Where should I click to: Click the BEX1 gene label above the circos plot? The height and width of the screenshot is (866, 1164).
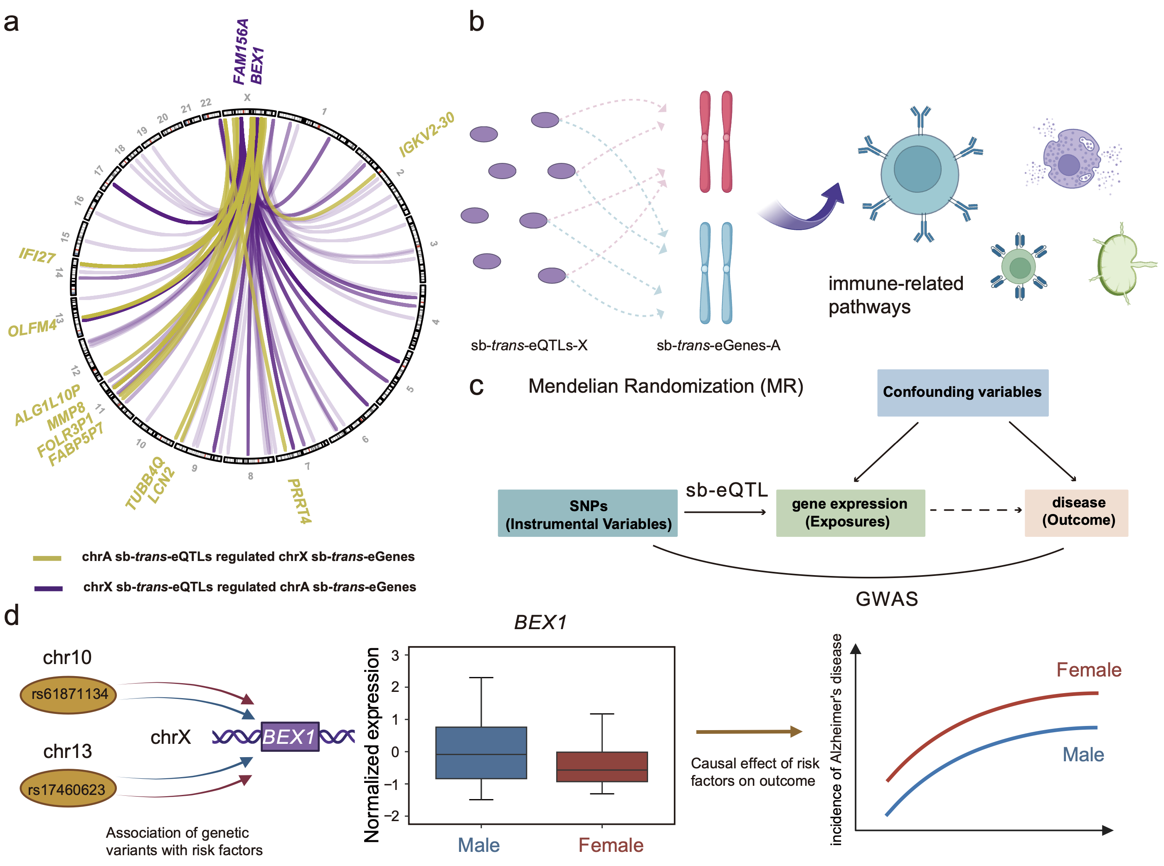pyautogui.click(x=257, y=66)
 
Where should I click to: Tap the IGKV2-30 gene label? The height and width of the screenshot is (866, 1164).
pyautogui.click(x=426, y=134)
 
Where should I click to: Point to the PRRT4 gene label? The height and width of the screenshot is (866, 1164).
pyautogui.click(x=299, y=501)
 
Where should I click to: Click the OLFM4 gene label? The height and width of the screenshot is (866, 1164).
pyautogui.click(x=32, y=329)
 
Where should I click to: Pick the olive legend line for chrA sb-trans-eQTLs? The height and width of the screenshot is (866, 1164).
pyautogui.click(x=47, y=558)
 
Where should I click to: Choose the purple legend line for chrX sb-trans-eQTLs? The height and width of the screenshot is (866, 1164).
pyautogui.click(x=48, y=588)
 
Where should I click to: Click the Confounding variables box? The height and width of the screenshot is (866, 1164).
pyautogui.click(x=962, y=392)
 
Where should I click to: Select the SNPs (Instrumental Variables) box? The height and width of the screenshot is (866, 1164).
pyautogui.click(x=587, y=514)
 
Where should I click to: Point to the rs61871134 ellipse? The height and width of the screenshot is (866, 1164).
pyautogui.click(x=68, y=694)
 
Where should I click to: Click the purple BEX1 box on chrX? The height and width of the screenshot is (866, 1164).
pyautogui.click(x=289, y=736)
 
